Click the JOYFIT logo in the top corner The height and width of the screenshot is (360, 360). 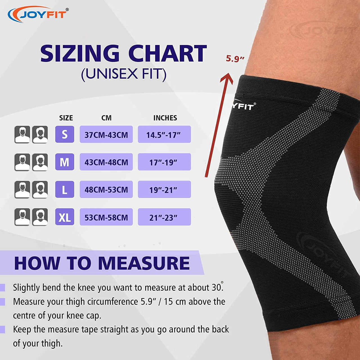point(38,14)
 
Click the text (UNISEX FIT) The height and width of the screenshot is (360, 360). point(124,74)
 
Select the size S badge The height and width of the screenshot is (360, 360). point(64,134)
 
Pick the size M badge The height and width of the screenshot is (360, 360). point(64,162)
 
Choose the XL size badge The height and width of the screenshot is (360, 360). point(64,217)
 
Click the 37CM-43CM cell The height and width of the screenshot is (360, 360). point(106,134)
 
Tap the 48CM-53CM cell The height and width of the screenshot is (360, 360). point(106,189)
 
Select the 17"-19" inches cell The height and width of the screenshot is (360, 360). point(165,162)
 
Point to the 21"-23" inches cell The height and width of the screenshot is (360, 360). point(165,217)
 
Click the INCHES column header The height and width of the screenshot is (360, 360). point(165,118)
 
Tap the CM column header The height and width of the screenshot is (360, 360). point(106,118)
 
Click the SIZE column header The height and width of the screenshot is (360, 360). point(66,118)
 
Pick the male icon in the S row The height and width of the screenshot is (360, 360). point(22,134)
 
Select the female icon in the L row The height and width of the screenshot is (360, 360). point(40,190)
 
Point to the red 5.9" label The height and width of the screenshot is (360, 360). point(235,59)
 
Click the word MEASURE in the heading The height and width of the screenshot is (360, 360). point(144,263)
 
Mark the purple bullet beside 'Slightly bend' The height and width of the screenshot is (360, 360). point(3,287)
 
